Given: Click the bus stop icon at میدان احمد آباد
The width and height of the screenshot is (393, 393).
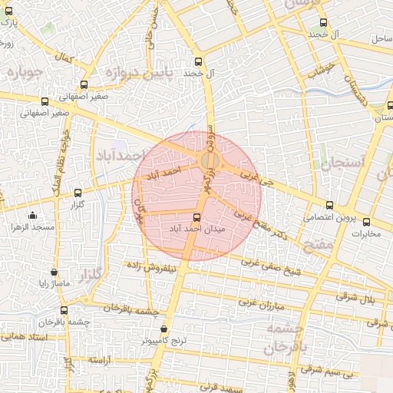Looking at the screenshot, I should coord(196,217).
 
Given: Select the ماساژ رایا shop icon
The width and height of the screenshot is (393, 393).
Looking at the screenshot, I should coord(53,272).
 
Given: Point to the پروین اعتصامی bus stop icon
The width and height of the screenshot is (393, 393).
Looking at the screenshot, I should coord(329,205).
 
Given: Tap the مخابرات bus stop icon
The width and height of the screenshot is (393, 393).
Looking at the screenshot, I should coord(366,221).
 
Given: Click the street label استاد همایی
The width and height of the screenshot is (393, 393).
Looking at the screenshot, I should coord(27,337).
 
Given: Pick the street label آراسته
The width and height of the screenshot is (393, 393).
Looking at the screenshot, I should coord(101,360).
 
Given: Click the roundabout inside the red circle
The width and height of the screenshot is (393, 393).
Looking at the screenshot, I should coord(210,160).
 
